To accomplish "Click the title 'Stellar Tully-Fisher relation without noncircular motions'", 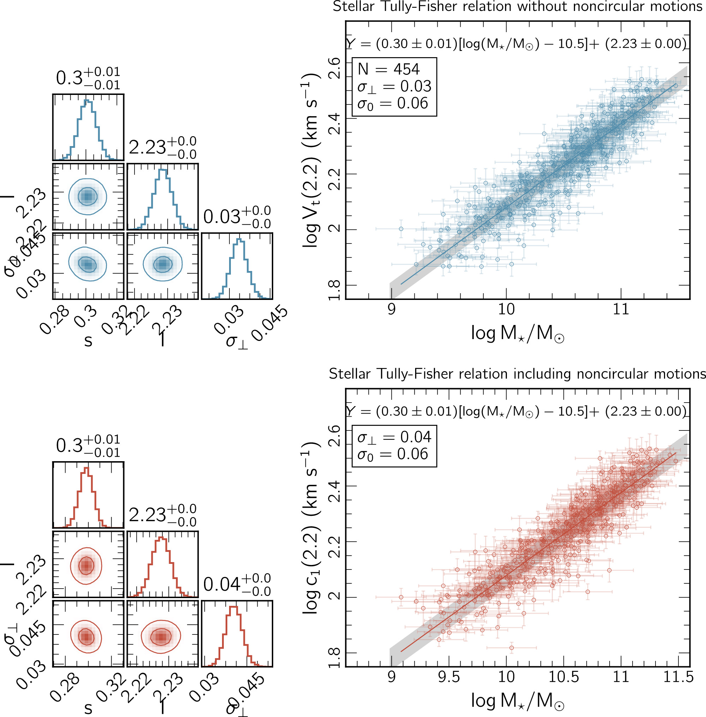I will pyautogui.click(x=517, y=7).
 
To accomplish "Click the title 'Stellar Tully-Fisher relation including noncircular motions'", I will pyautogui.click(x=517, y=374).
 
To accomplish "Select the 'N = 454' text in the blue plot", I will pyautogui.click(x=388, y=69).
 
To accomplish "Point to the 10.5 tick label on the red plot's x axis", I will pyautogui.click(x=563, y=677).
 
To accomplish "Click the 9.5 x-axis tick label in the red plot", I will pyautogui.click(x=449, y=677).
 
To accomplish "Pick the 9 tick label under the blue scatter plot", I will pyautogui.click(x=391, y=309).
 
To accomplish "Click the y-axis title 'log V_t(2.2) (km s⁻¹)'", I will pyautogui.click(x=311, y=160).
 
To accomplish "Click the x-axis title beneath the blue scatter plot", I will pyautogui.click(x=517, y=333).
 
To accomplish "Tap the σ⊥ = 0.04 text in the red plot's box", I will pyautogui.click(x=394, y=437).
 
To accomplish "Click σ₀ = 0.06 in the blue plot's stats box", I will pyautogui.click(x=393, y=103).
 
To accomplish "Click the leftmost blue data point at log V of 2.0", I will pyautogui.click(x=401, y=229).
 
